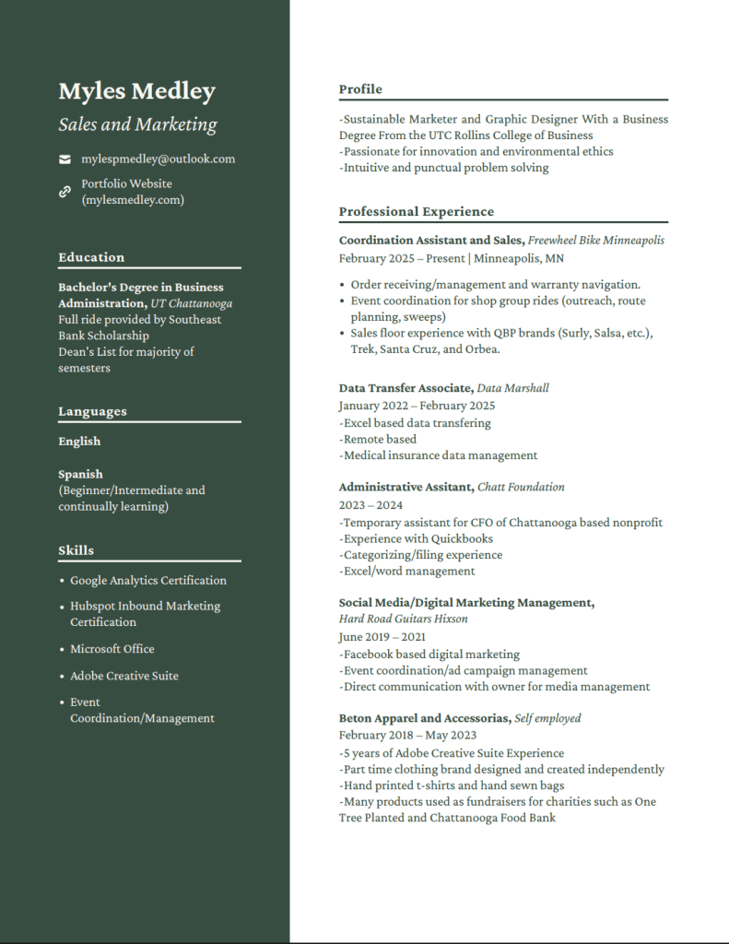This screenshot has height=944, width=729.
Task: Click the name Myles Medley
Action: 136,91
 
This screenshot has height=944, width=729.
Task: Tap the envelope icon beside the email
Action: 65,159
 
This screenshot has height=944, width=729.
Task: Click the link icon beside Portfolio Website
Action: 65,192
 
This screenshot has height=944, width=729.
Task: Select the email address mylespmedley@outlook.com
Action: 158,159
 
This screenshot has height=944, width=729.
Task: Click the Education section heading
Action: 91,257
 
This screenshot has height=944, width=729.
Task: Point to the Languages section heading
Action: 92,411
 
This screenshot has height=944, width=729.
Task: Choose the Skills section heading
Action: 76,550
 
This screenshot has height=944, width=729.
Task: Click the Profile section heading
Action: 360,89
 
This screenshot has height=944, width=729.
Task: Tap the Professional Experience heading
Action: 416,211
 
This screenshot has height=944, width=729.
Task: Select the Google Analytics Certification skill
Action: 147,580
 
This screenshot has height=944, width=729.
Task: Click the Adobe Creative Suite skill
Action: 124,676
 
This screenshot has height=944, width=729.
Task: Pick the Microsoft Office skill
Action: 112,649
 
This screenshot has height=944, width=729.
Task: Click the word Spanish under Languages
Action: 80,474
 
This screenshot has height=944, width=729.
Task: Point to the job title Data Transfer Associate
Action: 406,388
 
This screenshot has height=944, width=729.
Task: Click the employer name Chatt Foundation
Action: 521,487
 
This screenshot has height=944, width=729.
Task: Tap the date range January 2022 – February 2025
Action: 417,406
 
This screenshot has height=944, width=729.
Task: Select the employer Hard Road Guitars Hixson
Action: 403,619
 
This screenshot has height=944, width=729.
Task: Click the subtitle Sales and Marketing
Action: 137,124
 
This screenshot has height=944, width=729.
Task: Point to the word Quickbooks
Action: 462,538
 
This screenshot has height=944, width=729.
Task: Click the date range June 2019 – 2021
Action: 382,636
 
